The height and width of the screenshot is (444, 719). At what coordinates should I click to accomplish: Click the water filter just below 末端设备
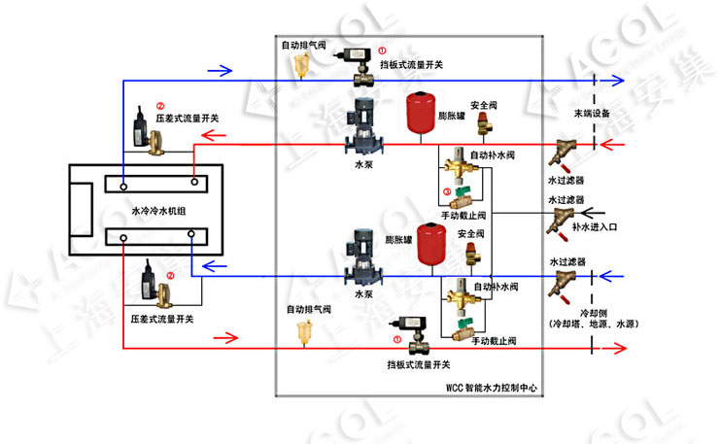565,153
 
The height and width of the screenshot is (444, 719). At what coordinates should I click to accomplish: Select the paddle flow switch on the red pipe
415,329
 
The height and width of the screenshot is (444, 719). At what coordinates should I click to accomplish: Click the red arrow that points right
224,339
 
